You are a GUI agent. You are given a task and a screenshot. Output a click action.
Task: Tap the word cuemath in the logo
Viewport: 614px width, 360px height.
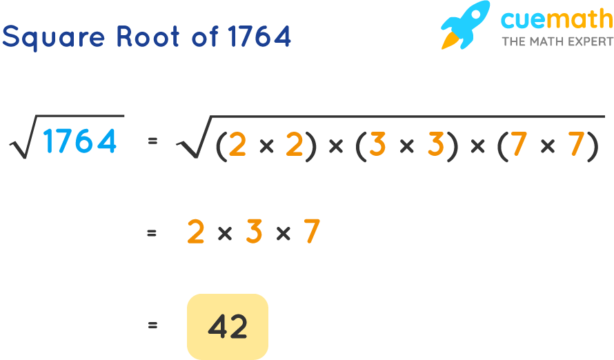point(555,20)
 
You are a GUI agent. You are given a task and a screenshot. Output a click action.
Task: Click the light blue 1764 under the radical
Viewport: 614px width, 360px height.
point(79,142)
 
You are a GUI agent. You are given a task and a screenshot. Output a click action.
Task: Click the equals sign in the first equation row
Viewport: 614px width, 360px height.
point(152,141)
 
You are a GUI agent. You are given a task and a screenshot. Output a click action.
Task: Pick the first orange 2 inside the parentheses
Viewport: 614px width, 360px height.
point(237,146)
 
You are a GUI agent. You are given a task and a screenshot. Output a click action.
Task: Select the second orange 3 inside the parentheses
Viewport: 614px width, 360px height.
point(435,146)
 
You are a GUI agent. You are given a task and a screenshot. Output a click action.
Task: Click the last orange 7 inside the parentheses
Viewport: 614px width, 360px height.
point(576,146)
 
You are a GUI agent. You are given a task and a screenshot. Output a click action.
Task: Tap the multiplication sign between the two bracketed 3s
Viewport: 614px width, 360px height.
point(406,147)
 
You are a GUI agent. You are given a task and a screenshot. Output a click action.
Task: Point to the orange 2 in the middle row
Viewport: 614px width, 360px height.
point(196,233)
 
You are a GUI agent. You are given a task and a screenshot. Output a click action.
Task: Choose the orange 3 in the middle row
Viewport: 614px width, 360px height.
point(254,233)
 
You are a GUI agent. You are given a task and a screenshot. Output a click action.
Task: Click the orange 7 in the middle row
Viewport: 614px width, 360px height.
point(312,233)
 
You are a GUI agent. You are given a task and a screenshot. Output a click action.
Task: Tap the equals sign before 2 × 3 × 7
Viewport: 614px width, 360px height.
point(152,234)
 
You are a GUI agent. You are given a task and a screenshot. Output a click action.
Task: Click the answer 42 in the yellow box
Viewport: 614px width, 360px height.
point(228,326)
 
